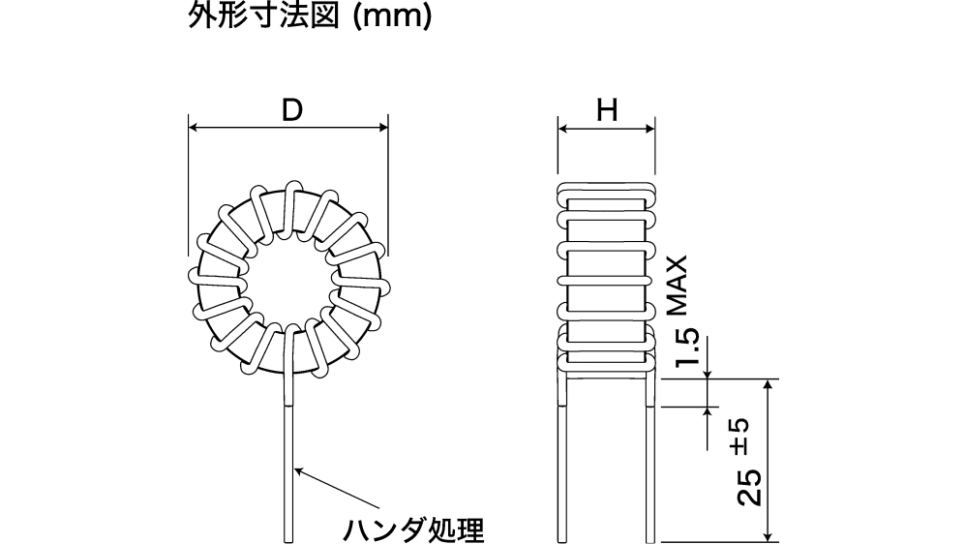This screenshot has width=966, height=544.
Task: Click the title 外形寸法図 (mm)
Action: tap(309, 17)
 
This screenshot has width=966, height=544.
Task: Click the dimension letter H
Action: tap(607, 110)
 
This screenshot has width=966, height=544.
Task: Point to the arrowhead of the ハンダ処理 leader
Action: tap(296, 469)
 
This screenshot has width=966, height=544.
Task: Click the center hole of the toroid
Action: tap(288, 281)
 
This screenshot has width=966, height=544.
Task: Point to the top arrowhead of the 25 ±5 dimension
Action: tap(768, 384)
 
